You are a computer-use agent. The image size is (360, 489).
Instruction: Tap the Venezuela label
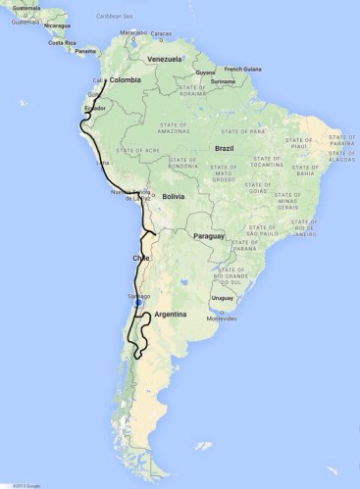[x=166, y=59]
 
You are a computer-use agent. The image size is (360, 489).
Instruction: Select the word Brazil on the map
[x=224, y=148]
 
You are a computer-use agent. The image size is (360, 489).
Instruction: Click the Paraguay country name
[x=209, y=236]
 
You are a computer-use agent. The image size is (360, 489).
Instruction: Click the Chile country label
[x=140, y=258]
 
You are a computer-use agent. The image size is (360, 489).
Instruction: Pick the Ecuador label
[x=95, y=108]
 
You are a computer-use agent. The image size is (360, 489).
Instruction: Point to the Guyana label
[x=204, y=72]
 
